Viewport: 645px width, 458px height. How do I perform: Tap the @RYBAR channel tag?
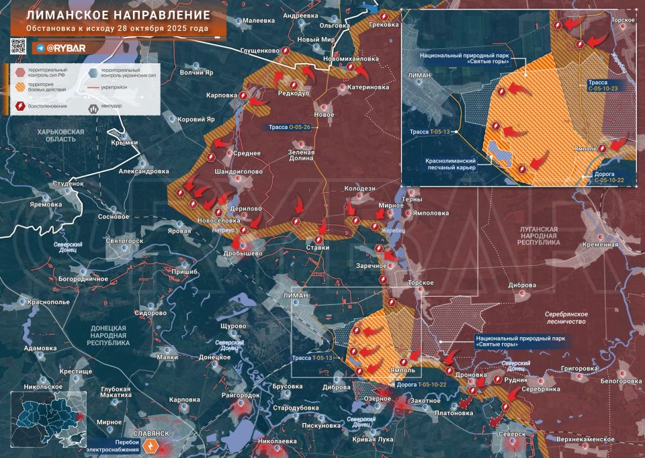[x=64, y=48]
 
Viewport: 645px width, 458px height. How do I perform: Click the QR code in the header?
[x=18, y=47]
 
